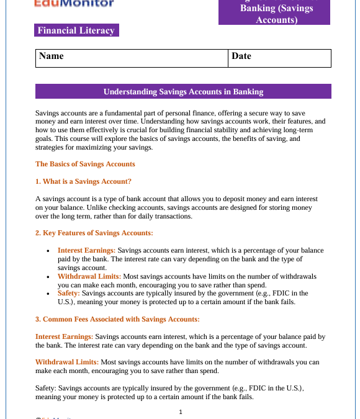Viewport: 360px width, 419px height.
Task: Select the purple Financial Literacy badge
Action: [x=76, y=30]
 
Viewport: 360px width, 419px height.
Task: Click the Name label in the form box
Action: [x=52, y=56]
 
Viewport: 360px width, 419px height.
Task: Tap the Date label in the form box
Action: [x=241, y=56]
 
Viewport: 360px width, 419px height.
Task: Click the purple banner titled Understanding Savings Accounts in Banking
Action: [x=183, y=92]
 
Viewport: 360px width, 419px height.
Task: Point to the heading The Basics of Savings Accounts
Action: [x=85, y=164]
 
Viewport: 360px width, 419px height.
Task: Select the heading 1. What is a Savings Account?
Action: [x=83, y=181]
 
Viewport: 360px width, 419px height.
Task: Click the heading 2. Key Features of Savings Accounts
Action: [x=94, y=233]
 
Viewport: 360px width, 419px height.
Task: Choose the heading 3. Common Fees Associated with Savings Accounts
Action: [x=117, y=319]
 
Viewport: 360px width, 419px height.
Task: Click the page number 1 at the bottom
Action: [x=180, y=412]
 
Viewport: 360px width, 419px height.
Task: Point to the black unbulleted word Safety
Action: [x=47, y=387]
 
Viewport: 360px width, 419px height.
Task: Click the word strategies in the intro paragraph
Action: [x=50, y=148]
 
